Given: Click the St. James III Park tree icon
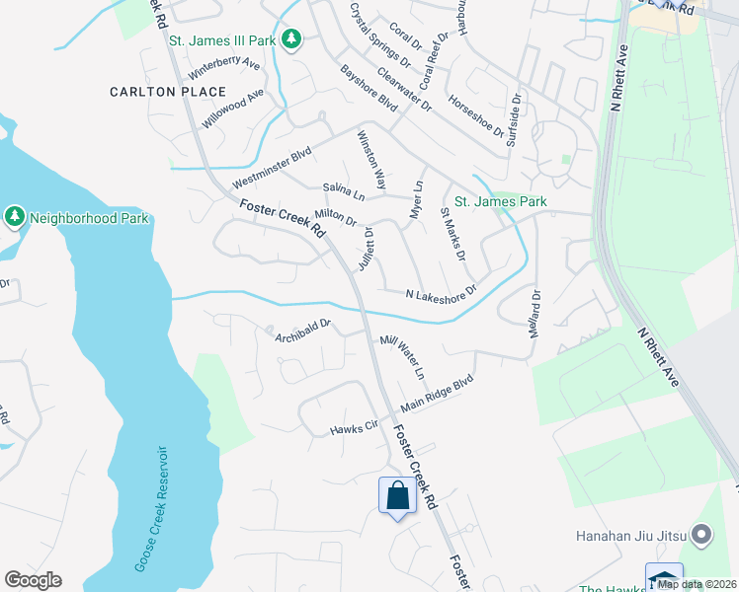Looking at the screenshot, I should point(291,39).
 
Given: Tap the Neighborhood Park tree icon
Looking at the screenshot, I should point(14,216).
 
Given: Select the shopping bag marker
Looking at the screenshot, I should point(397,495).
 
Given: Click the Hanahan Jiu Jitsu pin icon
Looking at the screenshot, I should point(701,536).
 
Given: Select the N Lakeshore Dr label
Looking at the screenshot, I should point(442,292).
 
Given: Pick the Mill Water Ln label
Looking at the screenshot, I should point(402,358).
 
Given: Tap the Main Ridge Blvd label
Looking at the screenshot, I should point(437,393).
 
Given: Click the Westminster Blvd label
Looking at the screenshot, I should point(272,169).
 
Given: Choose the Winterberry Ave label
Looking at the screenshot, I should point(224,69).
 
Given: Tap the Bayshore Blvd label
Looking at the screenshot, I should point(368,87).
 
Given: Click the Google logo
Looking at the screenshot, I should point(33,580).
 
